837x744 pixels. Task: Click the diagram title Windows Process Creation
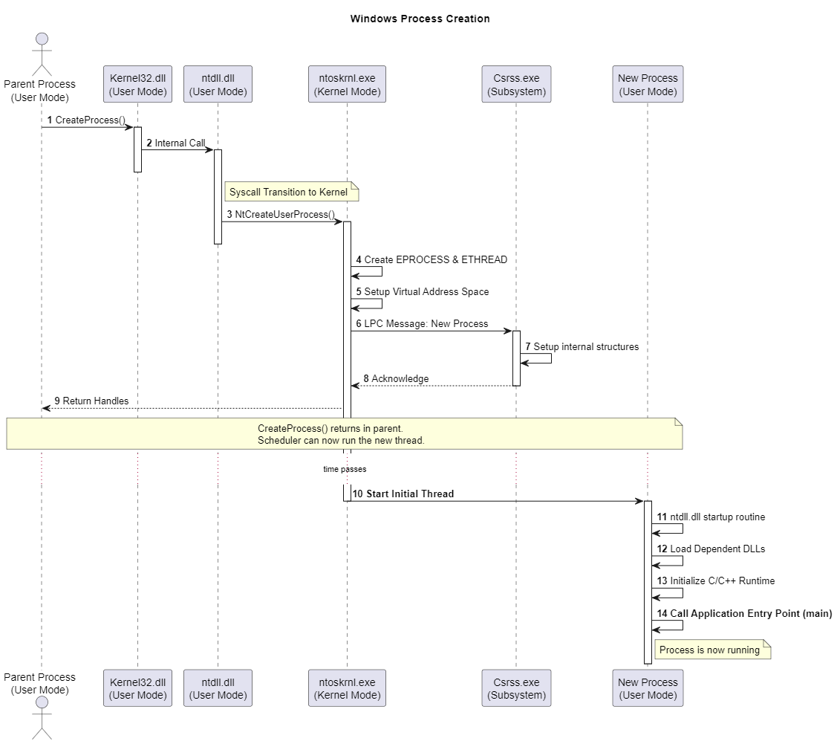[420, 19]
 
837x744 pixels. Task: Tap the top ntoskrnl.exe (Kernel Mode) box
[346, 84]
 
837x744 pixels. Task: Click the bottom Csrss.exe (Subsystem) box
[515, 688]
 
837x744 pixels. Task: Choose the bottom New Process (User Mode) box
[648, 688]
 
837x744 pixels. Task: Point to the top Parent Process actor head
[42, 39]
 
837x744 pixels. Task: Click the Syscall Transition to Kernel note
[291, 192]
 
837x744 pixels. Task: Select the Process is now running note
[711, 650]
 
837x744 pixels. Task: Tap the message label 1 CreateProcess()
[86, 120]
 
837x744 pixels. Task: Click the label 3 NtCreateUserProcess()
[281, 214]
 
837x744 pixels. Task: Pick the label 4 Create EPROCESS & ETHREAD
[431, 259]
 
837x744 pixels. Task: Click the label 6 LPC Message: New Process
[422, 323]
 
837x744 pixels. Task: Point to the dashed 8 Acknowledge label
[395, 378]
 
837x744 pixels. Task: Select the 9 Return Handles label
[91, 401]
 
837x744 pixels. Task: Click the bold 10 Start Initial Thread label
[403, 494]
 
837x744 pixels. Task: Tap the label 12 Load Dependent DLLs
[711, 549]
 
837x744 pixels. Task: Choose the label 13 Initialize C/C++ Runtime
[716, 580]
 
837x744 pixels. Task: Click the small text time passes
[345, 469]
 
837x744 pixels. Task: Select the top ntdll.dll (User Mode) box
[218, 84]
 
